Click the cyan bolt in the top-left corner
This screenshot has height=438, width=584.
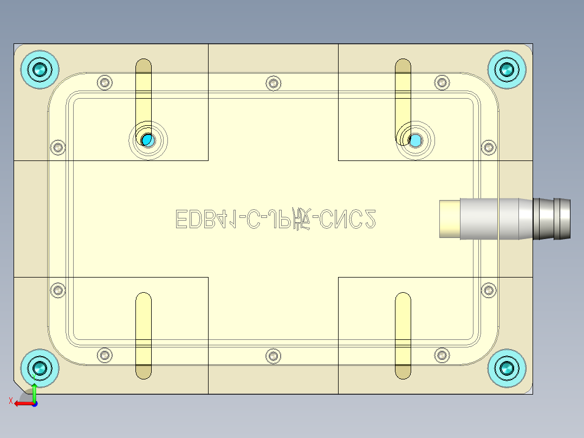coord(40,69)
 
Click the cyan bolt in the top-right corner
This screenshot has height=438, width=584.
coord(507,69)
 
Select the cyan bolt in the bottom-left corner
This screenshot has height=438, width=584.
coord(40,368)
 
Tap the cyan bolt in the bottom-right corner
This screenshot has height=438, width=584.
coord(507,368)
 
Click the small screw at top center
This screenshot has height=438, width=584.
coord(273,83)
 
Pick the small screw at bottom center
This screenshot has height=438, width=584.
coord(273,356)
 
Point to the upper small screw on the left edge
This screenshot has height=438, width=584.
coord(57,147)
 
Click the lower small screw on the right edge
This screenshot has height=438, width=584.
coord(489,290)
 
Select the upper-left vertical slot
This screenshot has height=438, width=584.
coord(144,92)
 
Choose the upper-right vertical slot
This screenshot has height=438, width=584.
coord(403,92)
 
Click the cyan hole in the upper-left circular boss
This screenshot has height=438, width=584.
coord(148,140)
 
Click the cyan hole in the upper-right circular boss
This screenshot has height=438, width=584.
coord(415,140)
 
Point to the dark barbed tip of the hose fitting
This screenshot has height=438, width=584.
coord(553,219)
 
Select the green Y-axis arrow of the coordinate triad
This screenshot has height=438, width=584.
coord(34,392)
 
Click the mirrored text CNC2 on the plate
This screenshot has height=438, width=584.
coord(347,219)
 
